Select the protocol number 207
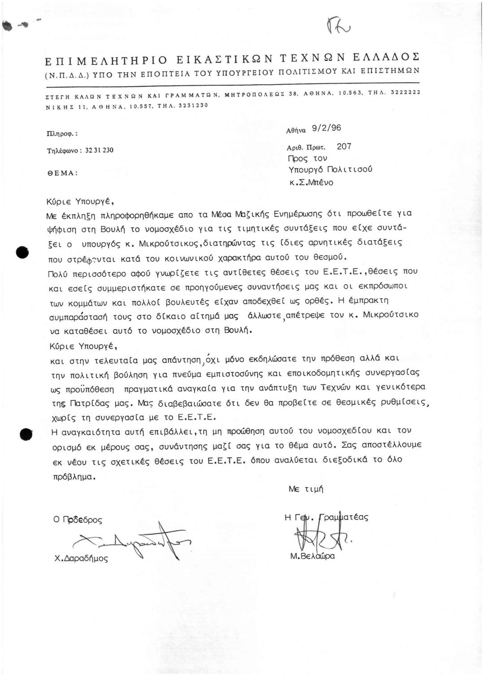(x=344, y=146)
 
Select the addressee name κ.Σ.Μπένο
(x=311, y=183)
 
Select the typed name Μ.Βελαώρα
(x=312, y=556)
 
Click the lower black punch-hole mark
(x=26, y=435)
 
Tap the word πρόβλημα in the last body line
(x=74, y=476)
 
